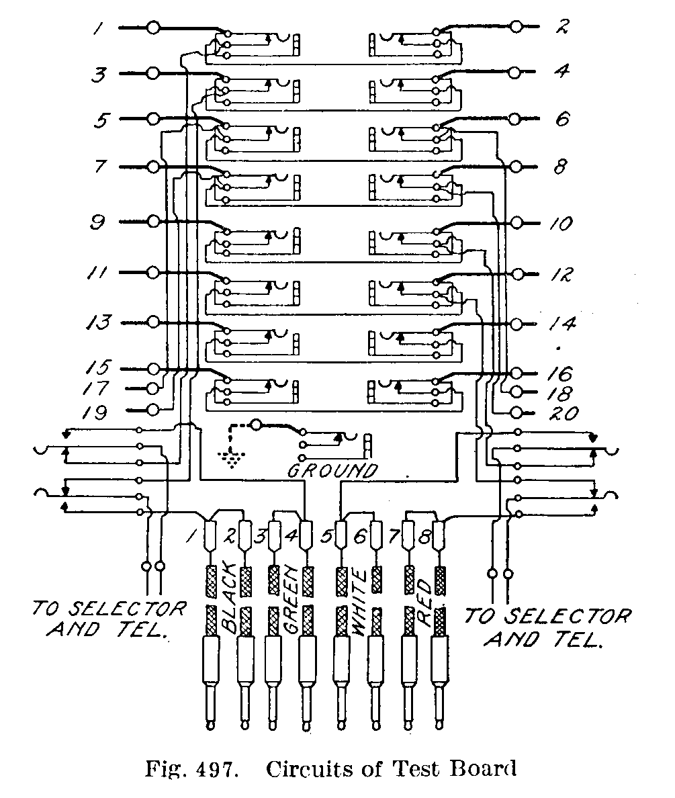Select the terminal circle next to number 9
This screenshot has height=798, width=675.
point(153,221)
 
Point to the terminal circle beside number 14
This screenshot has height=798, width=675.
point(516,323)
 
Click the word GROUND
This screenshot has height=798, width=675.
point(332,470)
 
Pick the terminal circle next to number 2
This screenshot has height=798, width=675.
point(516,27)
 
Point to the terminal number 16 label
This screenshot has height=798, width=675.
point(559,373)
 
